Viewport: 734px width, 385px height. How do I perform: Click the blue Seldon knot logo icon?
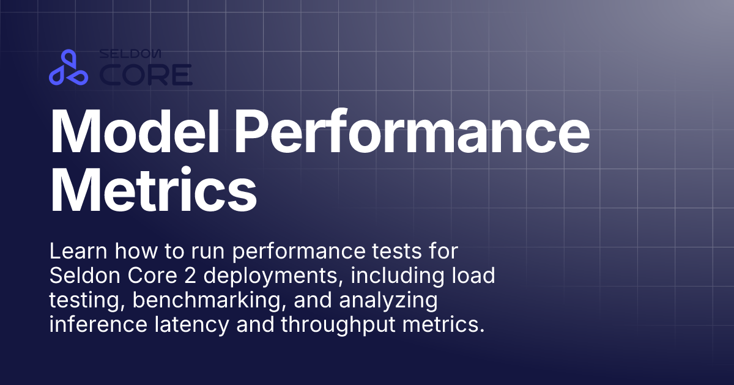69,68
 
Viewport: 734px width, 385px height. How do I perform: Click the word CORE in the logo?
146,75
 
